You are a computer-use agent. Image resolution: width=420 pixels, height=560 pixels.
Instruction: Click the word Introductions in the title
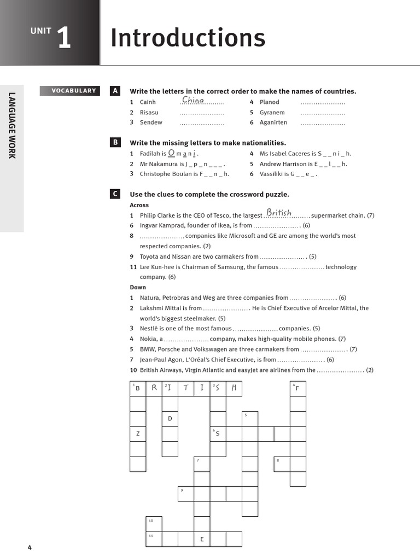click(188, 38)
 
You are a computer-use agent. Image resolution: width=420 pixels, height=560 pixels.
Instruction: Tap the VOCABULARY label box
click(70, 91)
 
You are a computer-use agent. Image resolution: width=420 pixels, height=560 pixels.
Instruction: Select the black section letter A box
click(115, 91)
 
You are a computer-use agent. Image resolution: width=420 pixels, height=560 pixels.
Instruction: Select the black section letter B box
click(115, 143)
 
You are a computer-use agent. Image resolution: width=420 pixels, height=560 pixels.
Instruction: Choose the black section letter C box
click(115, 194)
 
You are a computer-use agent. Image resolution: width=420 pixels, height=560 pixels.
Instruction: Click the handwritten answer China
click(193, 100)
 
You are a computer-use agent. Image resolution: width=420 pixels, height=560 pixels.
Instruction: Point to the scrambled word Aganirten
click(273, 122)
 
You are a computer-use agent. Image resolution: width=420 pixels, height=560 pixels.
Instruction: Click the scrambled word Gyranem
click(272, 113)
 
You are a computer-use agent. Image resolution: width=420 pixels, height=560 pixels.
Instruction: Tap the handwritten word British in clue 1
click(279, 213)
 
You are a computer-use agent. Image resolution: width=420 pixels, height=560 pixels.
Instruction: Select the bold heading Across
click(139, 205)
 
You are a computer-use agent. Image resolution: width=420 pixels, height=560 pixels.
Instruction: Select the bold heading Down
click(138, 287)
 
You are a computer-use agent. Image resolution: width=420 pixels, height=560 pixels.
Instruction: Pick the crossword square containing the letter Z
click(138, 434)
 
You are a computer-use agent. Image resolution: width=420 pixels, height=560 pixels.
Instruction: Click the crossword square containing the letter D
click(170, 419)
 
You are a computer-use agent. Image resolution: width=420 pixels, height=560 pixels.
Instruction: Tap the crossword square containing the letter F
click(297, 389)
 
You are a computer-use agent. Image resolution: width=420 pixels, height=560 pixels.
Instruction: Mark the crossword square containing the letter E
click(202, 539)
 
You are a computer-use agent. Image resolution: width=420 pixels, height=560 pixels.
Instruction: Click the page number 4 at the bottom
click(30, 547)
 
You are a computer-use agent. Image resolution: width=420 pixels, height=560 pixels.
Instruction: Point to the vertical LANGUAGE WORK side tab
click(11, 126)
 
